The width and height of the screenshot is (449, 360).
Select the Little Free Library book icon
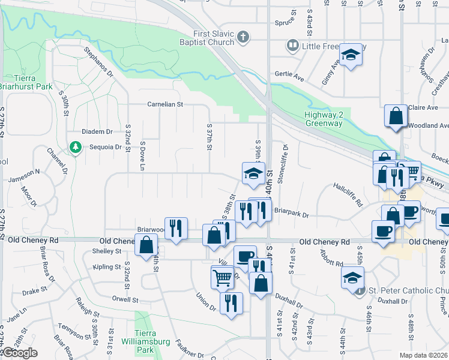tap(292, 45)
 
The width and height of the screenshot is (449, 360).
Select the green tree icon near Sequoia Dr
tap(75, 146)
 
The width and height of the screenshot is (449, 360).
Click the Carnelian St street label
tap(166, 104)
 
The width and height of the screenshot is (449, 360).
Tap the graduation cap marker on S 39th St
tap(253, 174)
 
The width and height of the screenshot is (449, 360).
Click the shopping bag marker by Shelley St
tap(146, 245)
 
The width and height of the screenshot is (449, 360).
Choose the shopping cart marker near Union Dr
tap(222, 277)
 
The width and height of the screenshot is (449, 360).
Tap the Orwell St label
tap(125, 299)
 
